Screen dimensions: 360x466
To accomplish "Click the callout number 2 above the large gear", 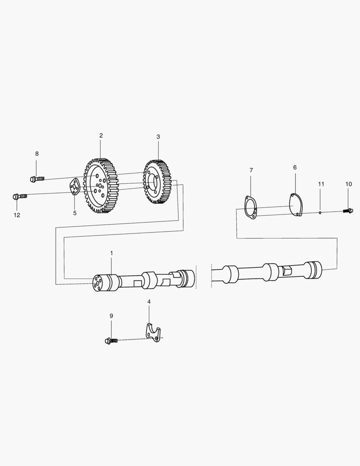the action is coord(101,135).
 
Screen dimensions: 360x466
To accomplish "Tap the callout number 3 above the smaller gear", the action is coord(158,137).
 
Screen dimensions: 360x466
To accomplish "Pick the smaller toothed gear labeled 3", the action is coord(157,182).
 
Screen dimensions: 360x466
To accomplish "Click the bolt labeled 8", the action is coord(37,179).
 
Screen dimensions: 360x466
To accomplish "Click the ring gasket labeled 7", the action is coord(250,208).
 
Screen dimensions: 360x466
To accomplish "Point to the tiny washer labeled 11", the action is coord(320,212).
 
